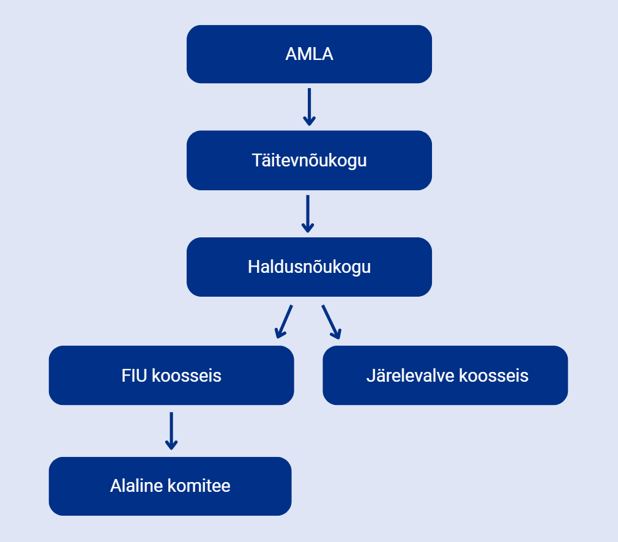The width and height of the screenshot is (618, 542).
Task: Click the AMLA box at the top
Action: click(x=309, y=54)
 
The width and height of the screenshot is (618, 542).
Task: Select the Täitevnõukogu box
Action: click(x=309, y=160)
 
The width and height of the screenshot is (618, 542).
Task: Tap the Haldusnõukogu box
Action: click(x=309, y=267)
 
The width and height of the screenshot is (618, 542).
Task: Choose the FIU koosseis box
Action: click(x=171, y=375)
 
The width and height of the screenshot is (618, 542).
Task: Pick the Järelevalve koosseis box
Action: click(x=445, y=375)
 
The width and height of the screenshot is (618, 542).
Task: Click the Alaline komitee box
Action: click(x=170, y=486)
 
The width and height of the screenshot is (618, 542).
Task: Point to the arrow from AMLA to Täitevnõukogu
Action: click(x=310, y=107)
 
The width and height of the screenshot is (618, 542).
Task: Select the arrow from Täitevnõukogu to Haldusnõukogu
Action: click(x=308, y=213)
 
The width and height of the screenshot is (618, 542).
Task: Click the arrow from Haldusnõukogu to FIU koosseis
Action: click(x=284, y=322)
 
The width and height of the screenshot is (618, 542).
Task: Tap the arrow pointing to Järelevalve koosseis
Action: click(x=332, y=322)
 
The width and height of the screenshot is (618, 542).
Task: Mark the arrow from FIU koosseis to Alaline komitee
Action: click(x=171, y=431)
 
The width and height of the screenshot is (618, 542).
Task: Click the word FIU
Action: click(x=135, y=375)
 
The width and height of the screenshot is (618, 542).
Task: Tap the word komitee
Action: click(x=199, y=486)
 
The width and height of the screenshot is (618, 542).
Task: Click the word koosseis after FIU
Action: click(x=187, y=375)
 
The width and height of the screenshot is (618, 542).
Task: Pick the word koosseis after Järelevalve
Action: click(x=494, y=375)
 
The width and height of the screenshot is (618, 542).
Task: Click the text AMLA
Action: click(x=310, y=54)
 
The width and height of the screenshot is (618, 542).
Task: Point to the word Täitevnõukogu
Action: click(x=310, y=160)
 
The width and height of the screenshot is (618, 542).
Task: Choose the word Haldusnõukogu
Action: click(x=310, y=267)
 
